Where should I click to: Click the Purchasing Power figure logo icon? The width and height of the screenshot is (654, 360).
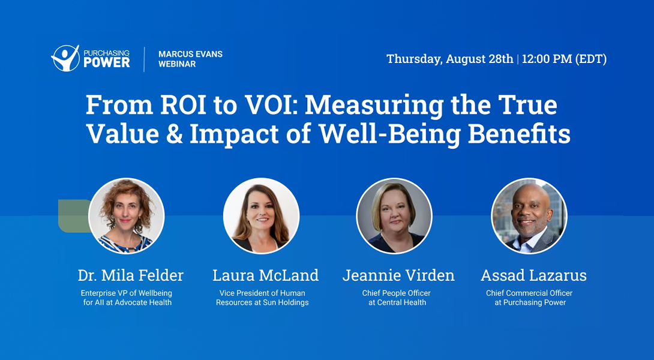[x=65, y=58]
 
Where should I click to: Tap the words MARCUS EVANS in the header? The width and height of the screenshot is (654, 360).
[x=190, y=54]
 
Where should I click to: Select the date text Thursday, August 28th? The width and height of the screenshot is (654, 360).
[x=449, y=59]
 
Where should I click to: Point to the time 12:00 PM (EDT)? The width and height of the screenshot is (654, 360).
[x=564, y=59]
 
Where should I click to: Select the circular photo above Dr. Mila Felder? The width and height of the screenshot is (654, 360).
[x=126, y=215]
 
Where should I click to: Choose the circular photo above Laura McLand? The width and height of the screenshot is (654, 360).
[x=261, y=215]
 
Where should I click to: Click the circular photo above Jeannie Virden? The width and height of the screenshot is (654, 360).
[x=394, y=215]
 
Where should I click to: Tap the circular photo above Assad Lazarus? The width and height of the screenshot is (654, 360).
[x=529, y=215]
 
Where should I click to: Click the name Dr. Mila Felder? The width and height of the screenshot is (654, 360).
[x=130, y=275]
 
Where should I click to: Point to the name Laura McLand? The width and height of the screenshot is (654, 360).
[x=265, y=275]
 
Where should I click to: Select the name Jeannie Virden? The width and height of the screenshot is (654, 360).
[x=398, y=275]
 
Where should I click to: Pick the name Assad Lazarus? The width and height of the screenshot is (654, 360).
[x=533, y=275]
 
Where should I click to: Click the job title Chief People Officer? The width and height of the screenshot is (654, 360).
[x=396, y=293]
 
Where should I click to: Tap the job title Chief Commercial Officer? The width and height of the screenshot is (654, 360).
[x=529, y=293]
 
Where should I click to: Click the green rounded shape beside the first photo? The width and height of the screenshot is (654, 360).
[x=71, y=215]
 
